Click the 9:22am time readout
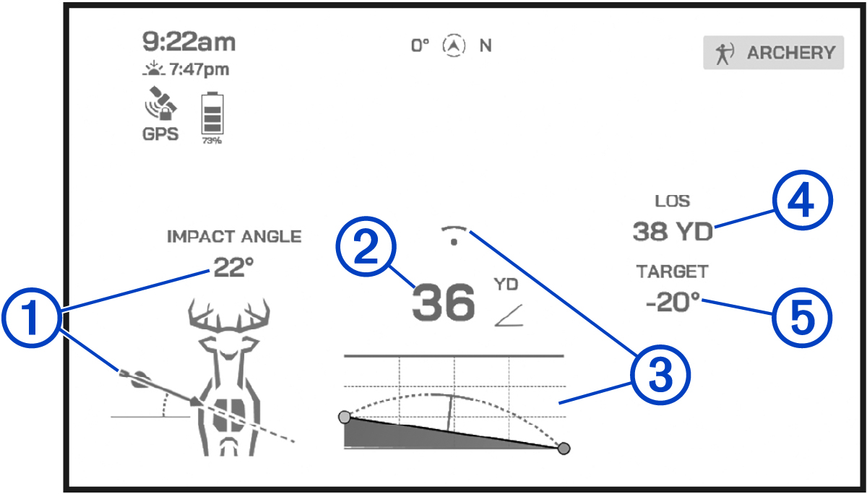point(189,42)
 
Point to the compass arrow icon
point(453,45)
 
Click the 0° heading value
point(420,45)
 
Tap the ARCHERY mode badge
point(773,53)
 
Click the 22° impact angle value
point(233,268)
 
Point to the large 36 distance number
point(444,303)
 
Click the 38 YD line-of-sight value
point(673,231)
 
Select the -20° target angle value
point(673,303)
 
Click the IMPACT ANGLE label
point(234,236)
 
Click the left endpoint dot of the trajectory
point(345,417)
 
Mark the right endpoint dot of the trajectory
point(564,448)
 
